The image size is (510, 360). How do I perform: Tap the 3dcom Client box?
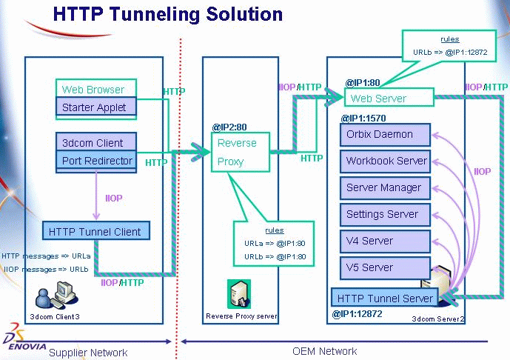[x=95, y=142]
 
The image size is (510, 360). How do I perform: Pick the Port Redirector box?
[x=95, y=161]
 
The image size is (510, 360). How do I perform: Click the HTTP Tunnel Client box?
[x=96, y=231]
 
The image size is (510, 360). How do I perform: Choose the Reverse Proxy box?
[x=240, y=152]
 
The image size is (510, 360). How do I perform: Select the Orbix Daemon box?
[x=385, y=135]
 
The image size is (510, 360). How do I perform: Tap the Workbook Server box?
[x=385, y=161]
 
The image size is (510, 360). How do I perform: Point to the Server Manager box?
[x=385, y=187]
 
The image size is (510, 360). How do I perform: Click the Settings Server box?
[x=385, y=214]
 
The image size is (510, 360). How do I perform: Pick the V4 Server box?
[x=385, y=241]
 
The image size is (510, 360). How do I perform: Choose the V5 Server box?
[x=385, y=267]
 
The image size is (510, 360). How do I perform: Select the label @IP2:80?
[x=230, y=126]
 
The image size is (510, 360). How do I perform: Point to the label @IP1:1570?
[x=363, y=118]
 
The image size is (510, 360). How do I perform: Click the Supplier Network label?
[x=88, y=353]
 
